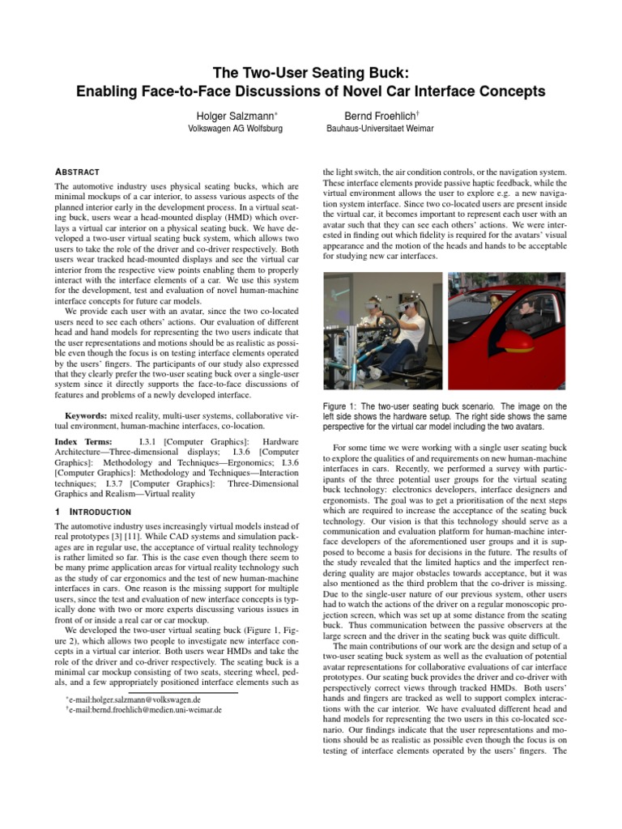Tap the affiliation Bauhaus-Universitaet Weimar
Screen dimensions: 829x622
click(380, 130)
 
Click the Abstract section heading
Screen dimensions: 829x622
click(77, 172)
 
